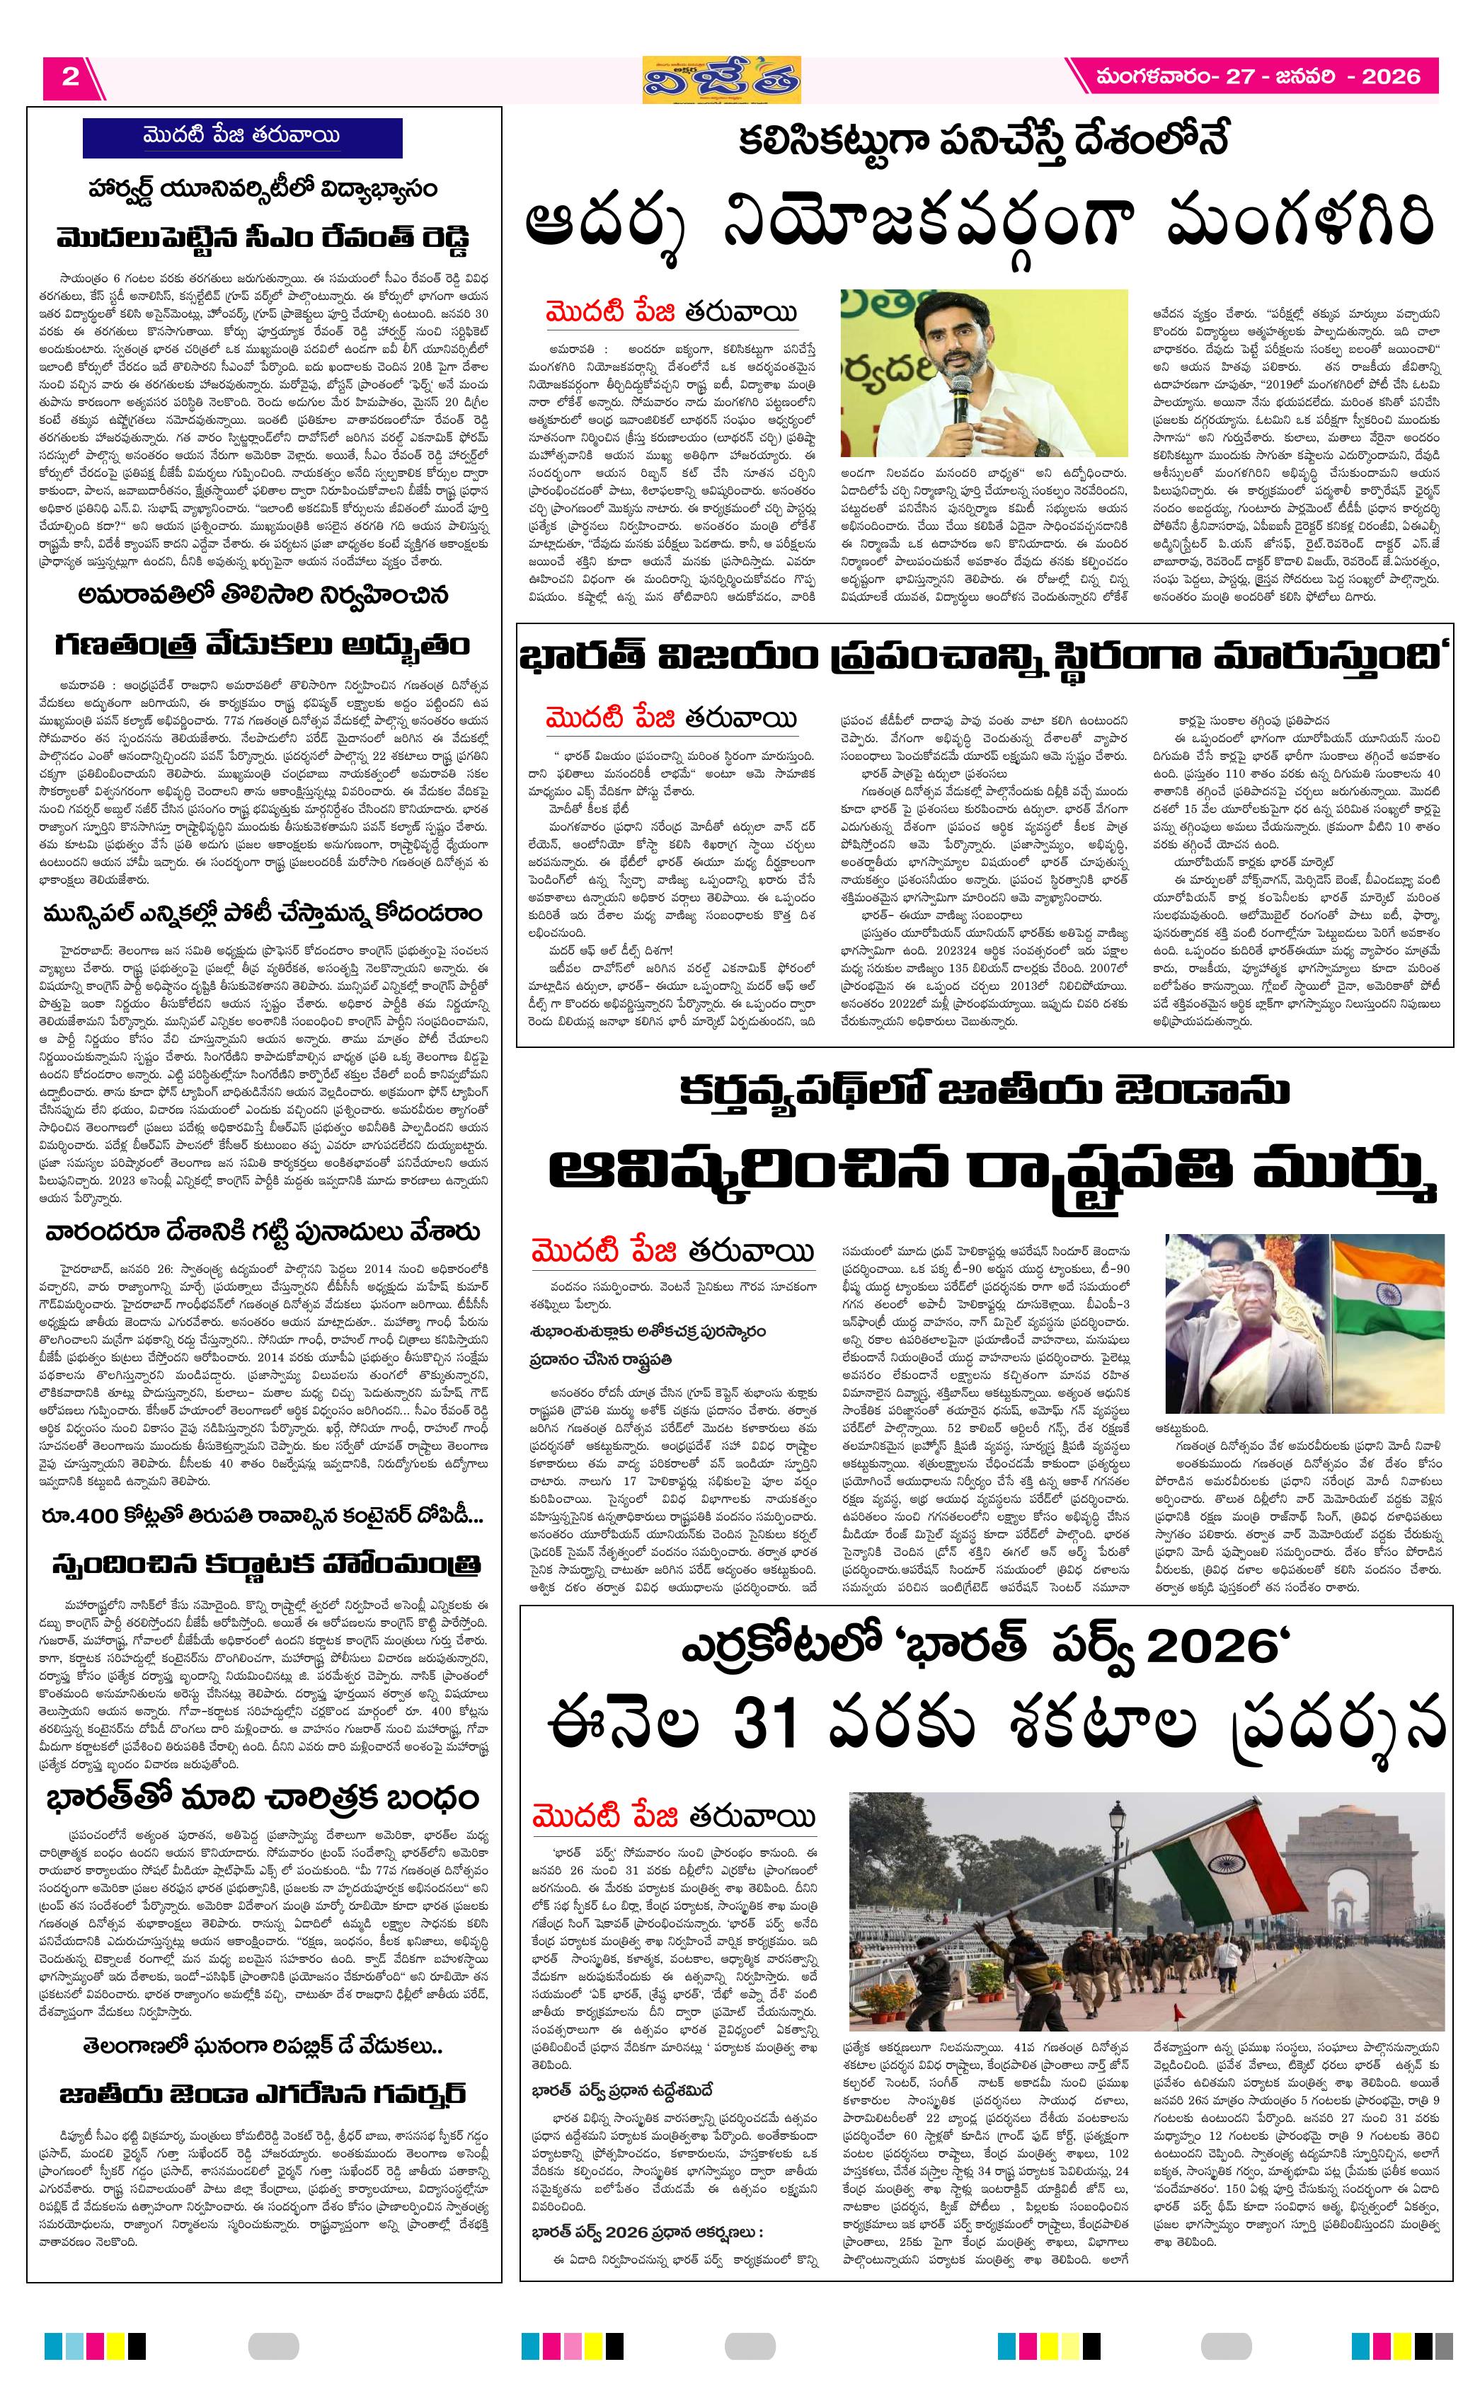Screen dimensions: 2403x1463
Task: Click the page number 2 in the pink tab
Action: [x=69, y=77]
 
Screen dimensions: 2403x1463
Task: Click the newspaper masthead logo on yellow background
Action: [x=722, y=80]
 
